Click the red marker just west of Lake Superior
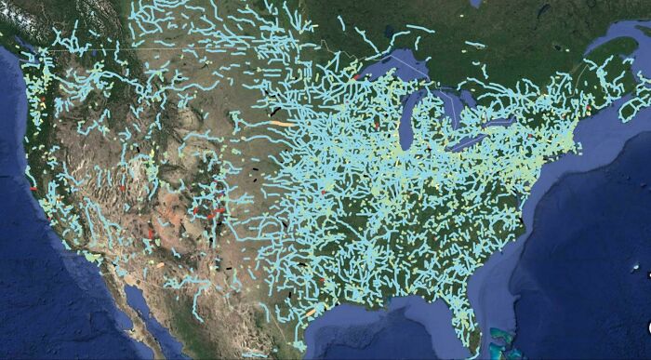355,77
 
